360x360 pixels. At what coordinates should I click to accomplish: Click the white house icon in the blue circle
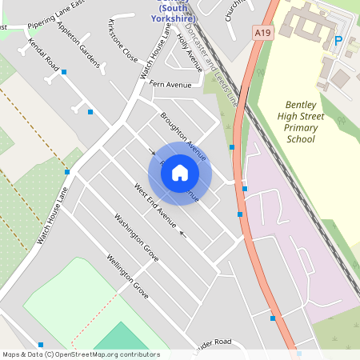click(180, 173)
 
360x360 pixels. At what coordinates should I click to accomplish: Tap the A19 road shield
click(261, 33)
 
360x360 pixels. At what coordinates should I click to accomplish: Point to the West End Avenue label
click(154, 205)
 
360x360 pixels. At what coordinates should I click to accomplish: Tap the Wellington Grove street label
click(128, 277)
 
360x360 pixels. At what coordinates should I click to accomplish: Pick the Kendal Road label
click(43, 53)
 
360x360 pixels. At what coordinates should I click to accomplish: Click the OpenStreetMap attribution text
click(80, 354)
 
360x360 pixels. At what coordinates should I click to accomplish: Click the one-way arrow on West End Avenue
click(182, 234)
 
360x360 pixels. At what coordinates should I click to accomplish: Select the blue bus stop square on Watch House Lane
click(67, 172)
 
